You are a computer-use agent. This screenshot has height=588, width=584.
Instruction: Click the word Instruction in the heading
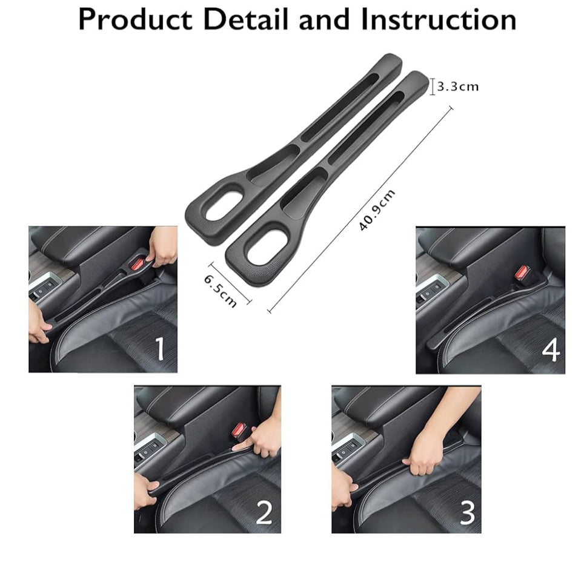pyautogui.click(x=438, y=20)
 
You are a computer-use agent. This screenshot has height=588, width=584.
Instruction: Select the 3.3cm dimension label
pyautogui.click(x=457, y=86)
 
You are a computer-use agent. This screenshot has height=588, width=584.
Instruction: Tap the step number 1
pyautogui.click(x=159, y=349)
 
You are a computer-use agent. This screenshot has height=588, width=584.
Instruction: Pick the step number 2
pyautogui.click(x=264, y=514)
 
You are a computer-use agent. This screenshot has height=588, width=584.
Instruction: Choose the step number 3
pyautogui.click(x=467, y=514)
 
